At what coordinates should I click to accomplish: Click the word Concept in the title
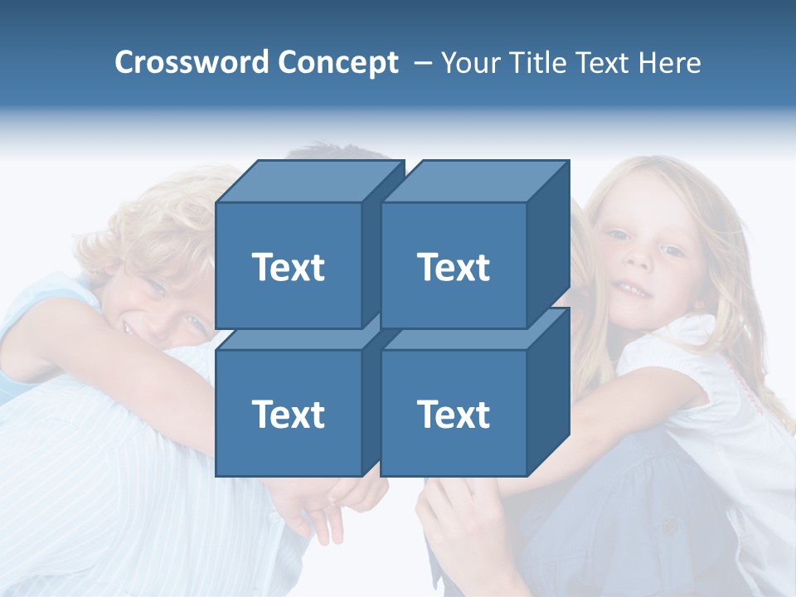coord(338,63)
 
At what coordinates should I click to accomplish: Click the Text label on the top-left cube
coord(289,267)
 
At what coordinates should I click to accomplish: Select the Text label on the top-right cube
coord(454,267)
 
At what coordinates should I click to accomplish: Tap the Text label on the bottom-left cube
coord(289,414)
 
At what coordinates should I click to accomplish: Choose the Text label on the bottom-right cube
coord(454,414)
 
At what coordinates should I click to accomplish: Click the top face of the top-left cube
coord(309,182)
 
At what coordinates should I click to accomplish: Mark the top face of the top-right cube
coord(474,182)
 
